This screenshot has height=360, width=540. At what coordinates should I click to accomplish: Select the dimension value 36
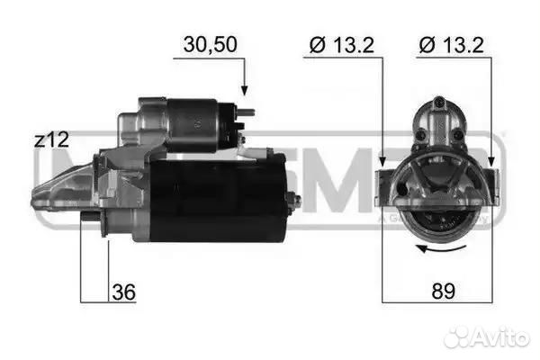(x=124, y=292)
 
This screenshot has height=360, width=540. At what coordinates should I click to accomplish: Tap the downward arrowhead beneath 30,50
(x=243, y=89)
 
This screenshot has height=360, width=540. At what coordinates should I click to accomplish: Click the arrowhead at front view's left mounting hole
(x=384, y=164)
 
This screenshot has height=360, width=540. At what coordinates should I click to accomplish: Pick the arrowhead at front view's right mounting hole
(x=491, y=164)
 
